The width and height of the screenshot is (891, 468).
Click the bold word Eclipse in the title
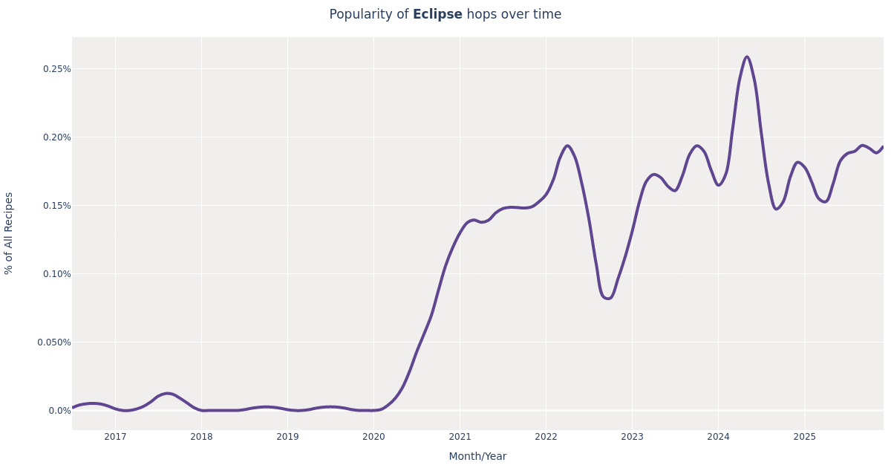(437, 15)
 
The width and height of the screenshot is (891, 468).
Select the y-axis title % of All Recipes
(9, 233)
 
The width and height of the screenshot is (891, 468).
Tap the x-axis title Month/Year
(477, 456)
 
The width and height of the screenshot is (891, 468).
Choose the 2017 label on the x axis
(115, 437)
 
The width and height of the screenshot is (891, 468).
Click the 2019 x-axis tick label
(287, 437)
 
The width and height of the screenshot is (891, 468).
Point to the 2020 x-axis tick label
(373, 437)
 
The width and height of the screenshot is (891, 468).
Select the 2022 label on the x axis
(546, 437)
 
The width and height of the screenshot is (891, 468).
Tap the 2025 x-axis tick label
(804, 437)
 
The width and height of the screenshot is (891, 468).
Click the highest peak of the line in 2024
(747, 56)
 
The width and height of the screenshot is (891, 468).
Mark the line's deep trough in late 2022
(607, 299)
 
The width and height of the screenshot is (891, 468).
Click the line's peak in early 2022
(567, 146)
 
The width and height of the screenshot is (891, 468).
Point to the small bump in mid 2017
(168, 394)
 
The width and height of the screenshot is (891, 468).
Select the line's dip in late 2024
(777, 209)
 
